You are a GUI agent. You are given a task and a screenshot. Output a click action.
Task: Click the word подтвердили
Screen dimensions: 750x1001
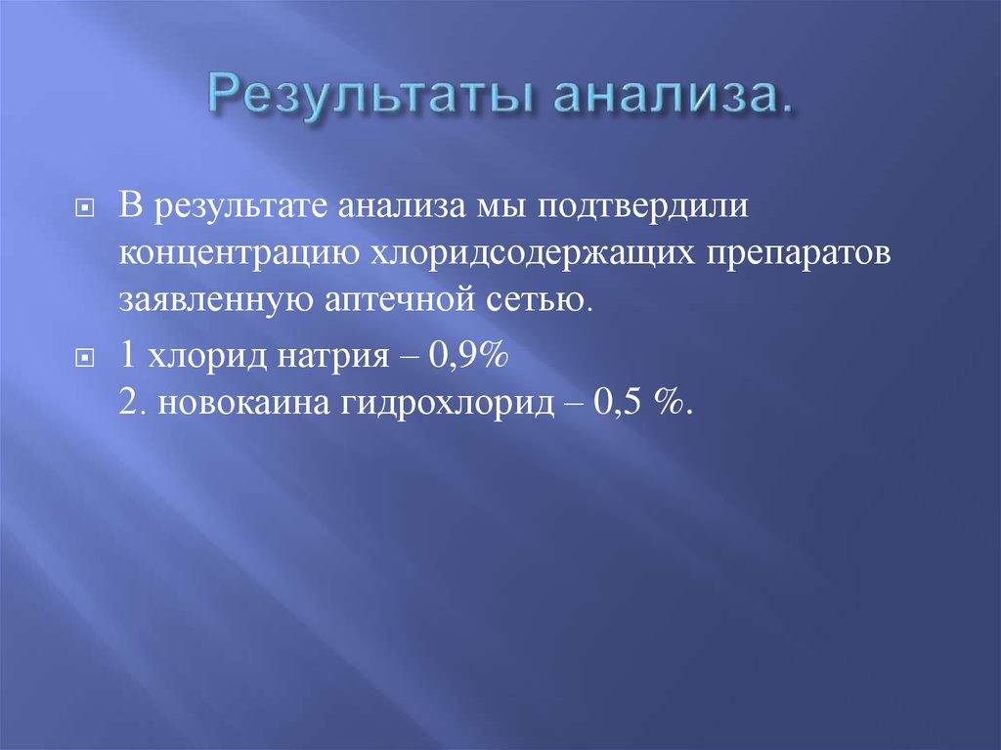pos(668,210)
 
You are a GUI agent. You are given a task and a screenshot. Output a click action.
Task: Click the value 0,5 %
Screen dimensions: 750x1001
pos(642,403)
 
